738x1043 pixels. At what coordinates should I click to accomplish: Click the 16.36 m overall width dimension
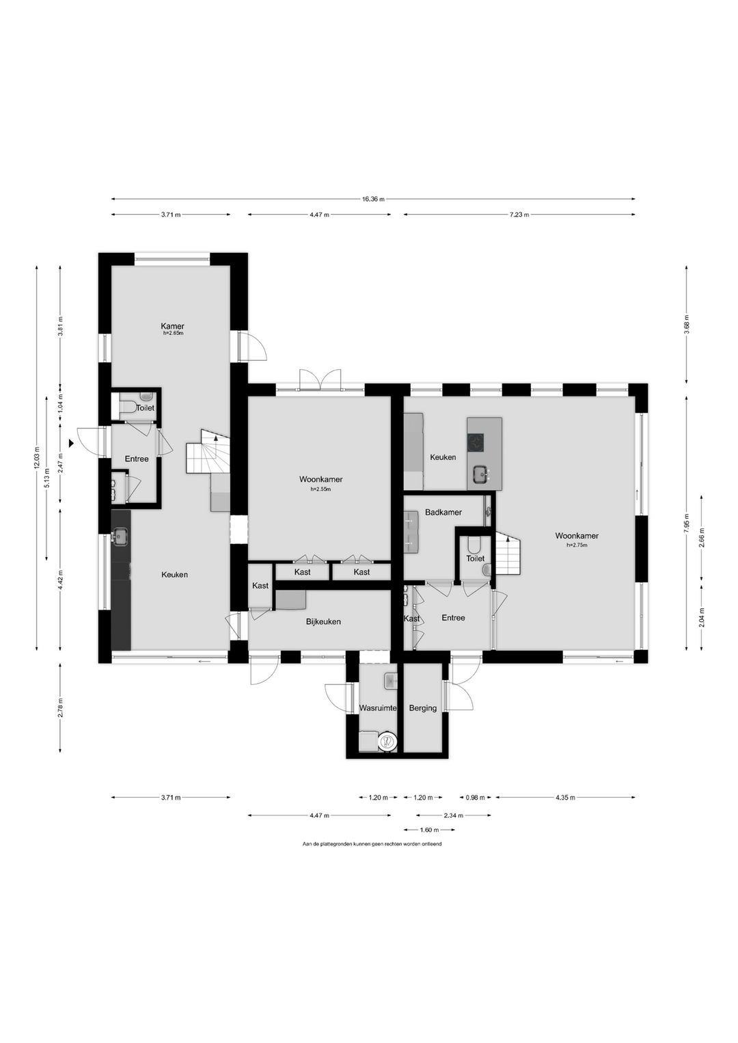pyautogui.click(x=373, y=200)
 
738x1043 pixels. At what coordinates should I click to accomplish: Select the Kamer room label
pyautogui.click(x=172, y=326)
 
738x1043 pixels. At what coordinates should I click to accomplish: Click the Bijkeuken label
pyautogui.click(x=323, y=621)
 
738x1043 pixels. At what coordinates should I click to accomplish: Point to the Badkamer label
pyautogui.click(x=443, y=512)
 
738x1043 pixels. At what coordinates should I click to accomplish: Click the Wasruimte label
pyautogui.click(x=378, y=708)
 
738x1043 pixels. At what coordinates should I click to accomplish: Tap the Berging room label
pyautogui.click(x=423, y=708)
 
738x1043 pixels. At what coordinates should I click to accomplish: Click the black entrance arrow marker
pyautogui.click(x=71, y=444)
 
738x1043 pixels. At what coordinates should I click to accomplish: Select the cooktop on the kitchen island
pyautogui.click(x=476, y=442)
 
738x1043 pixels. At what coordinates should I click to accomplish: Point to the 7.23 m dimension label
pyautogui.click(x=519, y=215)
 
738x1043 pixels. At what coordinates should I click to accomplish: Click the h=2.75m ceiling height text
pyautogui.click(x=577, y=545)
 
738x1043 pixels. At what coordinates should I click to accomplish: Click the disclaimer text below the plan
pyautogui.click(x=372, y=843)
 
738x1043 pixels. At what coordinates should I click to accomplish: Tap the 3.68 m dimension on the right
pyautogui.click(x=686, y=325)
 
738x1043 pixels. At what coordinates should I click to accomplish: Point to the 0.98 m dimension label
pyautogui.click(x=476, y=798)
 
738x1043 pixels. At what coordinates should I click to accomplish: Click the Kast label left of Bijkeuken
pyautogui.click(x=260, y=586)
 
